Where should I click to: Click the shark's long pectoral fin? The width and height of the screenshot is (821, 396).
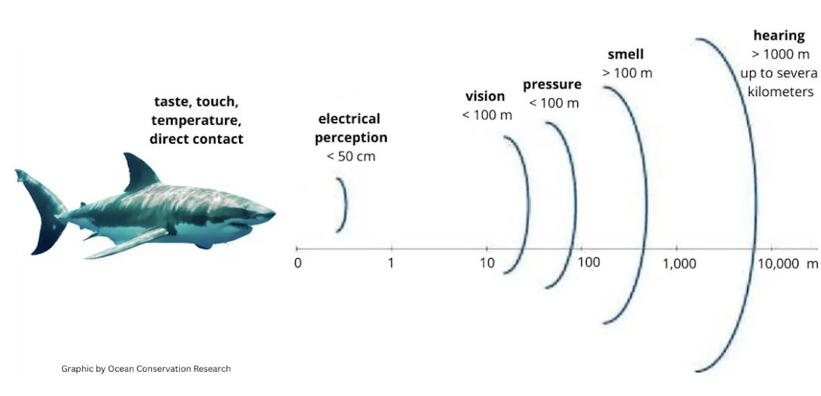tap(125, 244)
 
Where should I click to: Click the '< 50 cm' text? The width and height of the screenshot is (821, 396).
tap(351, 157)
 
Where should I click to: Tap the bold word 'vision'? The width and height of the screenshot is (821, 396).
tap(485, 96)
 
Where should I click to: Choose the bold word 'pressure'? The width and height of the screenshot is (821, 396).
tap(552, 85)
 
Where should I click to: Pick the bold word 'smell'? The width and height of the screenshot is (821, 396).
tap(626, 54)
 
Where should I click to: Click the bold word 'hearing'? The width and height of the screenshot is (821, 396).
tap(778, 36)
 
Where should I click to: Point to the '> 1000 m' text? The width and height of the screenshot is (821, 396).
tap(780, 54)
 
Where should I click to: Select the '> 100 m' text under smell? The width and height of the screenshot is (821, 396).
tap(627, 73)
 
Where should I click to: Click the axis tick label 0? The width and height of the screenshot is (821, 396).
tap(298, 262)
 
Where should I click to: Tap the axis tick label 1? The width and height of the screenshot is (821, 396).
tap(391, 262)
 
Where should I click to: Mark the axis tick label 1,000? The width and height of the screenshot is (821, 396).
tap(679, 264)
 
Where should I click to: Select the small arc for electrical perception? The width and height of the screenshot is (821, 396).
tap(345, 204)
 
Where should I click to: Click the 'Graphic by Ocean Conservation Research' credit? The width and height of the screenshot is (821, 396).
tap(146, 369)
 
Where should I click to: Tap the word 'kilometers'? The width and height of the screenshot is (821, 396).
tap(780, 92)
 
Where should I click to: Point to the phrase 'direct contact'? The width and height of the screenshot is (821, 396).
tap(197, 139)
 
